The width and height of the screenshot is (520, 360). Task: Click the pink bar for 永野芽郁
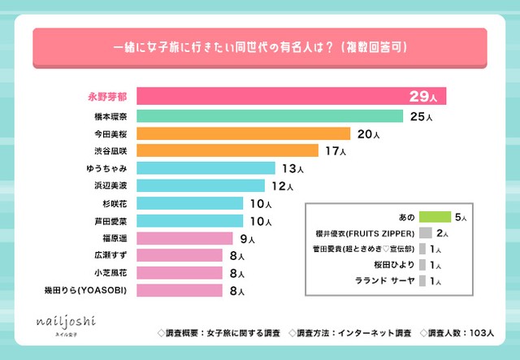pos(291,96)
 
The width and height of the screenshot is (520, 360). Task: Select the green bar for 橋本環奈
pos(270,116)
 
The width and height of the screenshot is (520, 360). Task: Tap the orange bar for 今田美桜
pos(244,133)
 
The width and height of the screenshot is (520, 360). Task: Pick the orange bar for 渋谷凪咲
pos(227,150)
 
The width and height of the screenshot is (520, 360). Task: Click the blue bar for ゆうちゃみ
pos(206,168)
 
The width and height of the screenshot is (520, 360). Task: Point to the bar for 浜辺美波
pos(201,186)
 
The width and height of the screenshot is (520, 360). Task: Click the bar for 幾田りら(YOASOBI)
pos(180,290)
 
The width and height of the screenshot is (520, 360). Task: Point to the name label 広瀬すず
pos(110,256)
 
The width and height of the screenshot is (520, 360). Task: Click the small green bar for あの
pos(435,217)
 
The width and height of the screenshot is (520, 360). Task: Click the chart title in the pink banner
pos(260,48)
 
